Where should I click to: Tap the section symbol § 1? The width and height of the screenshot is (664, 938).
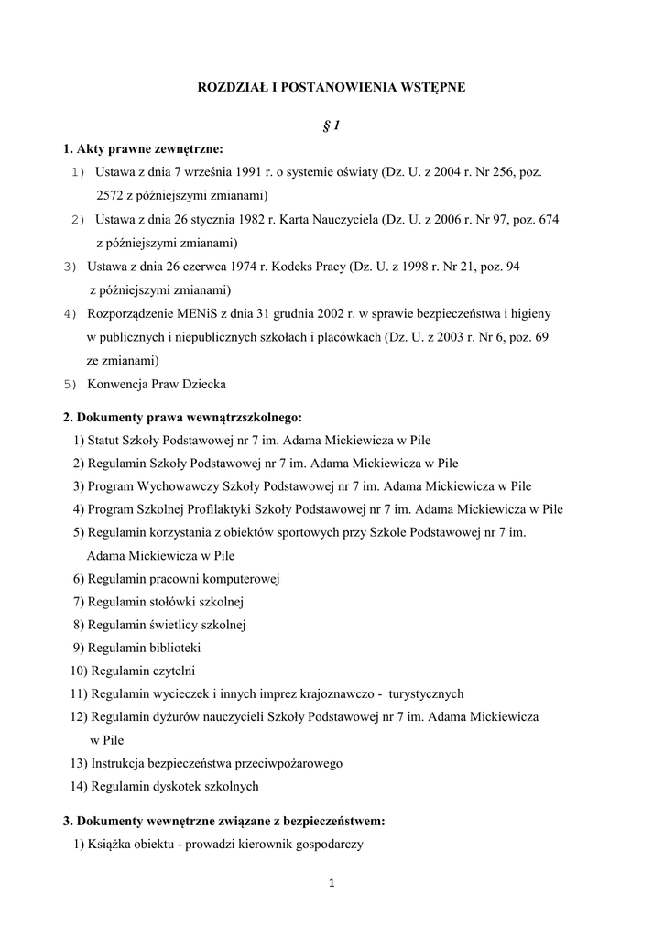(332, 125)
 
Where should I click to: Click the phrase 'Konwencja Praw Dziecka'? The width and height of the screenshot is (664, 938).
(157, 384)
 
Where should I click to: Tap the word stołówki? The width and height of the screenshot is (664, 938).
(170, 602)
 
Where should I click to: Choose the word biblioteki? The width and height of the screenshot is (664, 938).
(171, 648)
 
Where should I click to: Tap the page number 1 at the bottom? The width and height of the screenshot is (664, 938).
(332, 884)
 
